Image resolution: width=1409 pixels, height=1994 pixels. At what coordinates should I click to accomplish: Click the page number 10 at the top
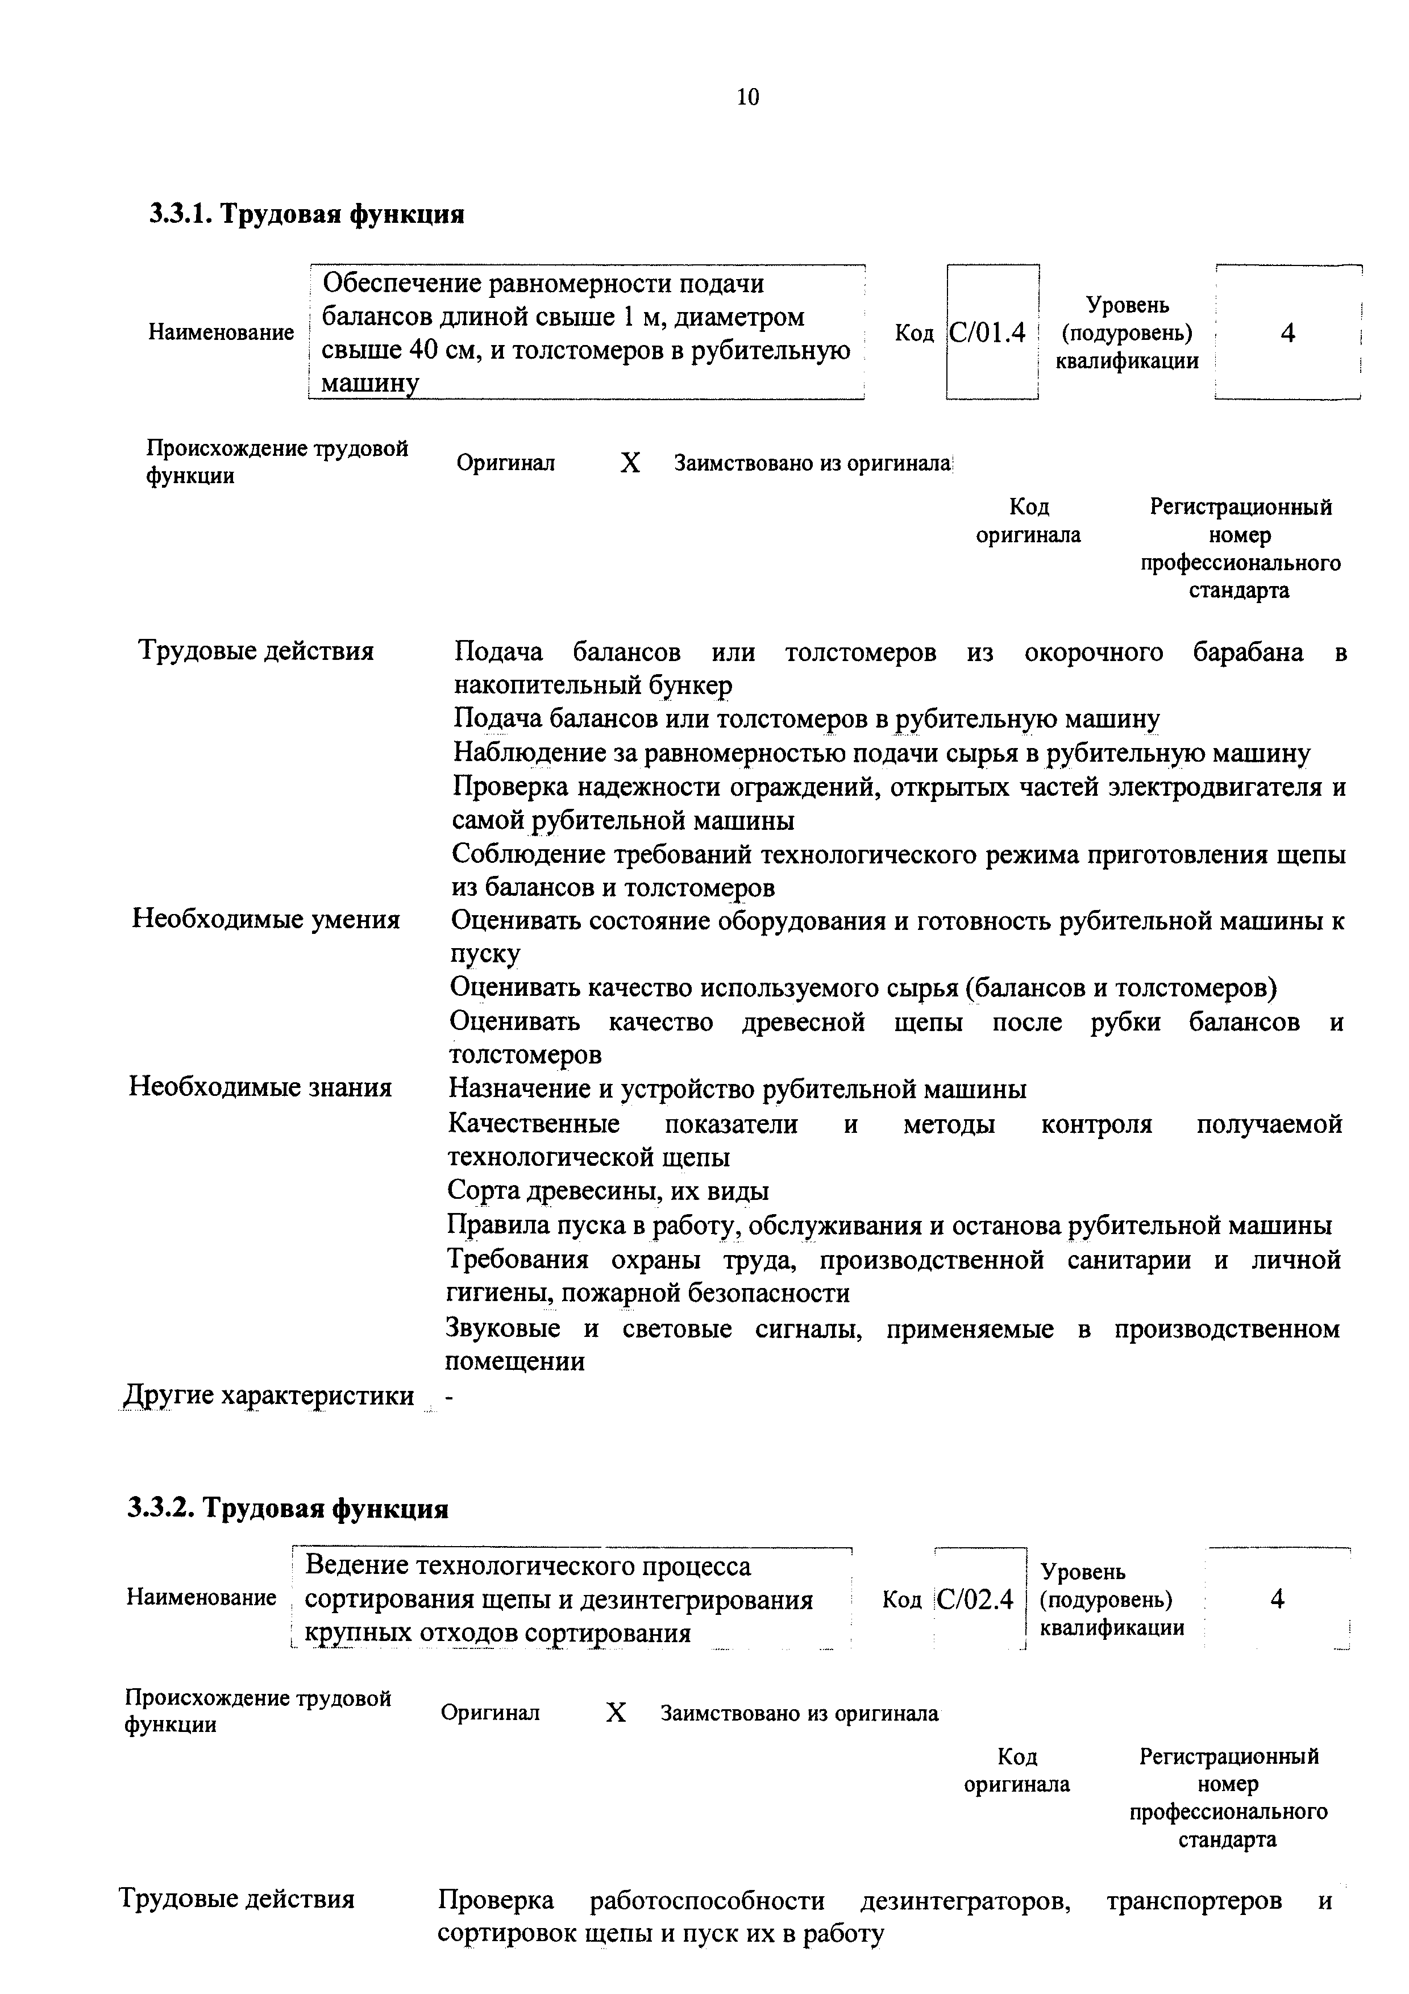(x=747, y=97)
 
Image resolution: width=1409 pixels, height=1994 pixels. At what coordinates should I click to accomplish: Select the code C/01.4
(x=987, y=333)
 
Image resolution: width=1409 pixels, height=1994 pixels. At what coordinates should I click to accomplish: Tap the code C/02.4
(x=976, y=1599)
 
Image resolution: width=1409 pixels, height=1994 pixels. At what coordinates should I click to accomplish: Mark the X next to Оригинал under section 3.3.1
(x=630, y=463)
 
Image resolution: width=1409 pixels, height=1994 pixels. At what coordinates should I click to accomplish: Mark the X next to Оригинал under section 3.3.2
(x=616, y=1713)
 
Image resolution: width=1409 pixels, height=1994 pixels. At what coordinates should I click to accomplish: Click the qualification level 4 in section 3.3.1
(x=1287, y=333)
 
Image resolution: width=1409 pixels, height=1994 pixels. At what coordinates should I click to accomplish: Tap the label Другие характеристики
(x=268, y=1395)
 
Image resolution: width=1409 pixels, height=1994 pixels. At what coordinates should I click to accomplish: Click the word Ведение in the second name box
(x=356, y=1566)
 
